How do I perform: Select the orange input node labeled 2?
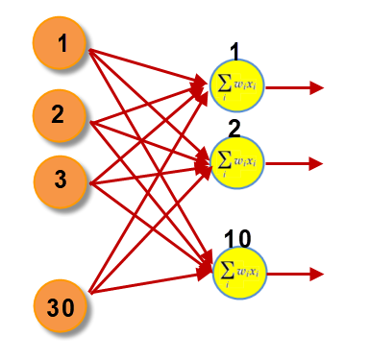click(60, 115)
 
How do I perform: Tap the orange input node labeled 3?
click(60, 179)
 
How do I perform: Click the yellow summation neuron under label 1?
click(235, 85)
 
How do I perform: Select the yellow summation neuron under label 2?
click(235, 158)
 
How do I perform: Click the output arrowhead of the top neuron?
click(317, 87)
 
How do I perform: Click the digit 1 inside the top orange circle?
click(61, 45)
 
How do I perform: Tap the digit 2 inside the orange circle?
click(60, 115)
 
